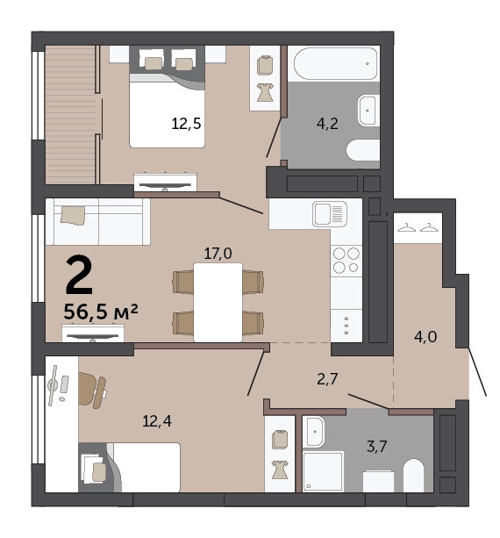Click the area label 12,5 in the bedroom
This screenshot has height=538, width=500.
(186, 124)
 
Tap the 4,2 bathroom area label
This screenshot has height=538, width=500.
(327, 124)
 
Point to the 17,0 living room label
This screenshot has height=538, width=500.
(218, 254)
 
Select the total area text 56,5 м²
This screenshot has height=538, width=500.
(101, 312)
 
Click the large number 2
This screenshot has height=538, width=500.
(79, 275)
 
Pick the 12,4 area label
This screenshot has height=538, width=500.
(157, 421)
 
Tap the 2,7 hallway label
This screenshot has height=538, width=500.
(327, 379)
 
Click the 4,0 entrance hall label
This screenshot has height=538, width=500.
(425, 337)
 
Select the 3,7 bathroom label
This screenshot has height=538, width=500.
(376, 447)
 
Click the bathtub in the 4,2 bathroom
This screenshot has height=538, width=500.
(335, 64)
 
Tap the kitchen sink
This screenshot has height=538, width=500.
(330, 214)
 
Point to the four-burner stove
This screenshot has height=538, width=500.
(346, 260)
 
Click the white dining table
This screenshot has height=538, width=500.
(218, 302)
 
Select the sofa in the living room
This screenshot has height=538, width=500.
(98, 222)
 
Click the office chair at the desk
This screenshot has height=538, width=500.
(92, 390)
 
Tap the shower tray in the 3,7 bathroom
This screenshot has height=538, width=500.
(323, 471)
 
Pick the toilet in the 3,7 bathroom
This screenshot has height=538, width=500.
(413, 475)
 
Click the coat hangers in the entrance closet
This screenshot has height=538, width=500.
(418, 227)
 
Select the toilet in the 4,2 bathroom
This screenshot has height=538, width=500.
(363, 150)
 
